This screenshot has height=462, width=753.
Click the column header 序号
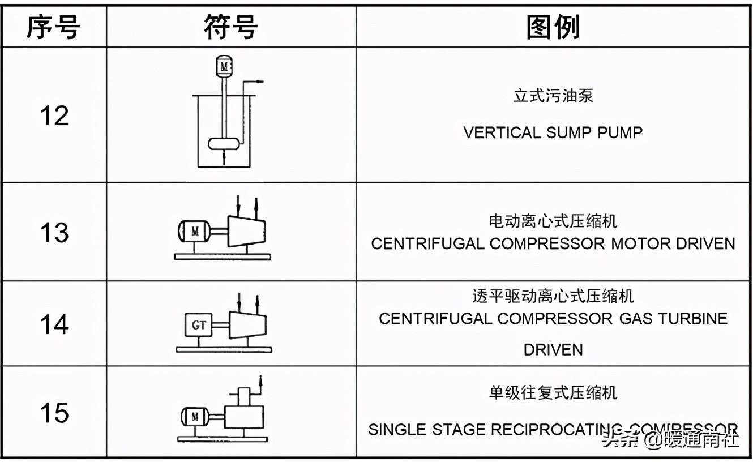click(54, 27)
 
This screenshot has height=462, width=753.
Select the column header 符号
click(231, 27)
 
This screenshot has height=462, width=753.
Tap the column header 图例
click(553, 27)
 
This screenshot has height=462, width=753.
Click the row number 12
click(54, 115)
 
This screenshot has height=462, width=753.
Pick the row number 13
click(54, 232)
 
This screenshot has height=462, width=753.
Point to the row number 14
click(54, 324)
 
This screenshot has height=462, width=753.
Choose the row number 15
click(54, 413)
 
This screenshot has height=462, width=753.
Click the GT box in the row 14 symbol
click(199, 325)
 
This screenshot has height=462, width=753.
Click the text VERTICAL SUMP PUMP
click(553, 132)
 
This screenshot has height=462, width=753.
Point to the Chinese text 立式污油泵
click(553, 96)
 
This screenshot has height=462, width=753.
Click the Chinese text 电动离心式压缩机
click(553, 221)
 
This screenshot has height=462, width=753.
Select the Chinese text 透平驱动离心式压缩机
click(553, 296)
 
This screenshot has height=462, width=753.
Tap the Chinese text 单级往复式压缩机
click(553, 393)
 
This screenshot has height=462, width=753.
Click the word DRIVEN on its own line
click(553, 349)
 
